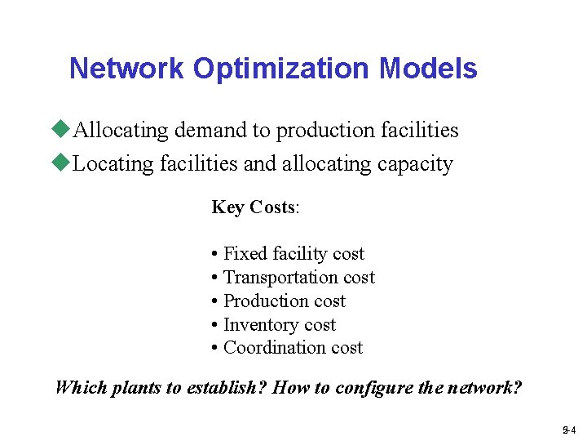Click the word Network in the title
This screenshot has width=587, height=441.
pyautogui.click(x=126, y=69)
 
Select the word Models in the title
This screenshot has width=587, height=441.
pyautogui.click(x=428, y=69)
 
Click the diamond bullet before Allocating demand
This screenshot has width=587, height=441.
pyautogui.click(x=61, y=130)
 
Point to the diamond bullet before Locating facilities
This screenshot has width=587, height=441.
pyautogui.click(x=61, y=163)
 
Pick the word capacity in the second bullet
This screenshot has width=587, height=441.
pyautogui.click(x=415, y=164)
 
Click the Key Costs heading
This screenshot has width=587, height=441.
pyautogui.click(x=255, y=207)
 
